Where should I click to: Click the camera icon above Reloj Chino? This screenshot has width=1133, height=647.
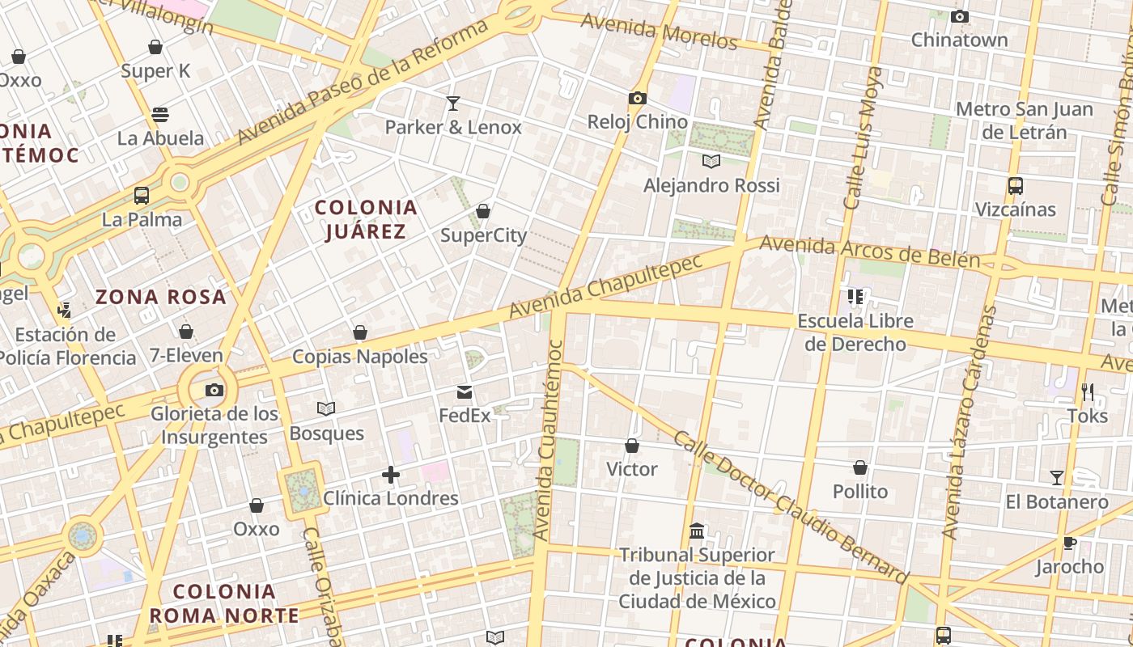click(638, 99)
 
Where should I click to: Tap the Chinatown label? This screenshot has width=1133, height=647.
click(959, 40)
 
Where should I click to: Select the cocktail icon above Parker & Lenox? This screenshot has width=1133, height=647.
click(453, 104)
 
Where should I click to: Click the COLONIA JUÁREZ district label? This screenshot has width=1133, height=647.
click(366, 219)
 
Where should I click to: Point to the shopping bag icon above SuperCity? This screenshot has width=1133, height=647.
click(483, 212)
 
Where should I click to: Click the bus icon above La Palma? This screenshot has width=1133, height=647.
click(142, 195)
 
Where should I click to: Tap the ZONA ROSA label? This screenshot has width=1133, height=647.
click(161, 297)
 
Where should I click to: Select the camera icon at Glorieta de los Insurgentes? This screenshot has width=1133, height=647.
click(214, 391)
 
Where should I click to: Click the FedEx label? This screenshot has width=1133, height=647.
click(465, 416)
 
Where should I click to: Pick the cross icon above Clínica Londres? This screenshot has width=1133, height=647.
click(391, 475)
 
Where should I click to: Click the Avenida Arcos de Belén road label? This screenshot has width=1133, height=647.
click(869, 252)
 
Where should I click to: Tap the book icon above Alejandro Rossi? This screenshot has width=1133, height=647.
click(711, 162)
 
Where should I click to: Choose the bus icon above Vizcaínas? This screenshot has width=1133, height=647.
click(1016, 186)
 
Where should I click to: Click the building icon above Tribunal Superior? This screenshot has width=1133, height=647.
click(697, 531)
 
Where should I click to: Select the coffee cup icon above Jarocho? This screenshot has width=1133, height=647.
click(1070, 543)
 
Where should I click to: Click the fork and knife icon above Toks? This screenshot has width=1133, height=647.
click(1087, 392)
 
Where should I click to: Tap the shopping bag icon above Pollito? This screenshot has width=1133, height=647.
click(860, 468)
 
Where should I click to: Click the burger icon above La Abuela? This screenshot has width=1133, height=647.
click(160, 115)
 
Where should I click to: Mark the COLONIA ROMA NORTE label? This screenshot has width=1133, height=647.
click(224, 603)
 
